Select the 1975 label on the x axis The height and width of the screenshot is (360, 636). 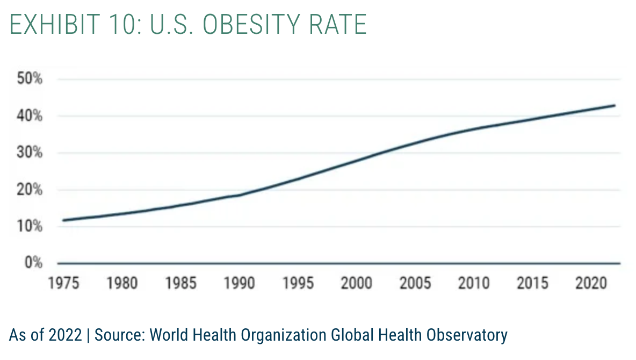click(63, 283)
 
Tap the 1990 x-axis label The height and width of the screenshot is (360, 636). click(240, 283)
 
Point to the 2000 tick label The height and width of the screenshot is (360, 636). click(357, 283)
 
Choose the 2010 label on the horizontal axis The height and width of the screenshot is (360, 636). click(474, 283)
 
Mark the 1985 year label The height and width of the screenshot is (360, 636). click(181, 283)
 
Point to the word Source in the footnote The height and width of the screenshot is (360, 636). click(119, 335)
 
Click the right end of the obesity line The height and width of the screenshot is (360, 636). click(615, 105)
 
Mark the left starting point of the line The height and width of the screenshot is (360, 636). click(63, 220)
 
